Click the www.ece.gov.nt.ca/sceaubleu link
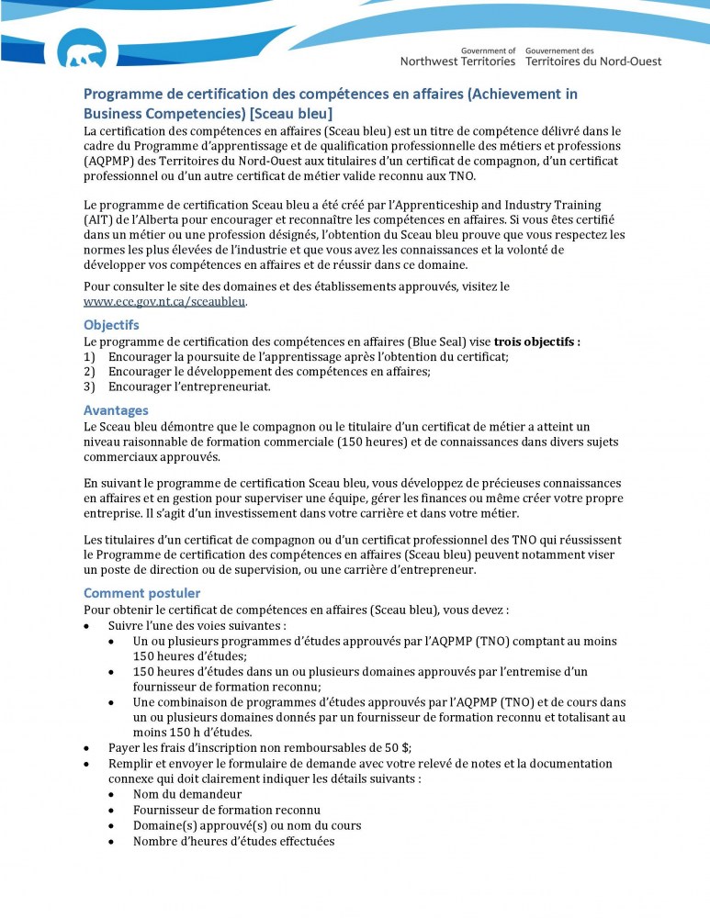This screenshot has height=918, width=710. point(165,301)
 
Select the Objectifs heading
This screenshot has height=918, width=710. point(111,325)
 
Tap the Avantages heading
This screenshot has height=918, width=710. point(116,410)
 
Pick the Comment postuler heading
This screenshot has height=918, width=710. point(141,593)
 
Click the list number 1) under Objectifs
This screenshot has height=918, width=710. point(89,356)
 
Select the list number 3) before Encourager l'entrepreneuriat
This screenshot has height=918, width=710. point(89,386)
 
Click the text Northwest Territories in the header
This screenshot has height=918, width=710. point(457,62)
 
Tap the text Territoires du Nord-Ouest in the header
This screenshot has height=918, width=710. point(593,62)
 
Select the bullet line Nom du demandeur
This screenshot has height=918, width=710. point(187,794)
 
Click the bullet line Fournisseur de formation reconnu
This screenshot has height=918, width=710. point(226,810)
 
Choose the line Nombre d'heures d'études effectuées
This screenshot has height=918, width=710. point(233,841)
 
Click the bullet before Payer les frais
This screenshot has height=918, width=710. point(86,747)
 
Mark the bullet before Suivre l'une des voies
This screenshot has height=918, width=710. point(86,625)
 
